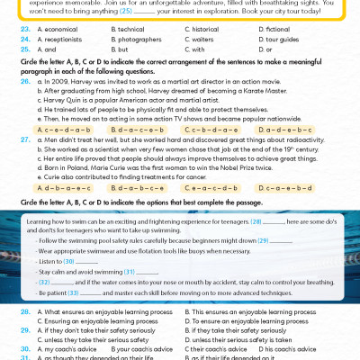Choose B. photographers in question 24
(x=138, y=40)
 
